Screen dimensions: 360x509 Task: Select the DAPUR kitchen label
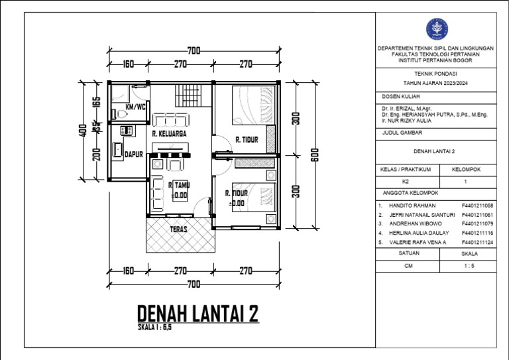pyautogui.click(x=135, y=154)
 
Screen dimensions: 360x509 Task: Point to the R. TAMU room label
pyautogui.click(x=179, y=185)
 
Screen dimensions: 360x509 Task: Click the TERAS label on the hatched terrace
pyautogui.click(x=178, y=229)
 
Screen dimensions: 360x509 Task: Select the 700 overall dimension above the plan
pyautogui.click(x=194, y=51)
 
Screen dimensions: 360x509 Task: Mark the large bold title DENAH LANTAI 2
pyautogui.click(x=197, y=314)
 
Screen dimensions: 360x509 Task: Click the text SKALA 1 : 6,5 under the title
pyautogui.click(x=154, y=328)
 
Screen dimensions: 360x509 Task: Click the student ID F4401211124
pyautogui.click(x=477, y=243)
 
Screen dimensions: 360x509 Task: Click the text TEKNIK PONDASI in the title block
pyautogui.click(x=435, y=74)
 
